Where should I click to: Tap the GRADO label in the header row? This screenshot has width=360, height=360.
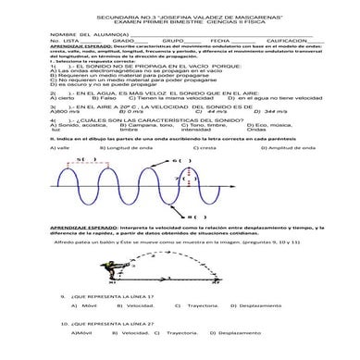(124, 41)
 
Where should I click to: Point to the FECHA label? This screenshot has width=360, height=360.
(220, 41)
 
